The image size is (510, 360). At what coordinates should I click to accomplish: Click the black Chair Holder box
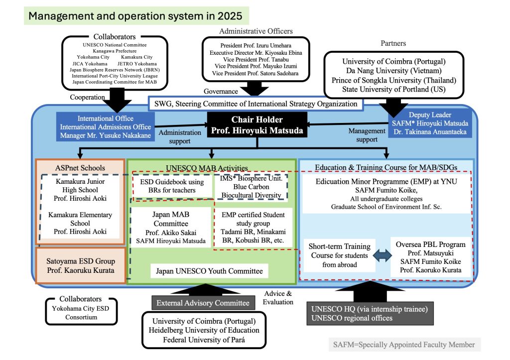coord(257,125)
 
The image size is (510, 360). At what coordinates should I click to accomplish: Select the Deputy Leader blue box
coord(430,123)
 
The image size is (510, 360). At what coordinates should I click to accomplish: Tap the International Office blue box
coord(105,126)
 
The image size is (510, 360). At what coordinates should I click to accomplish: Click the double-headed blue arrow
coord(382,255)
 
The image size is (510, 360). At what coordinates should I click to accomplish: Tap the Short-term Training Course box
coord(340,255)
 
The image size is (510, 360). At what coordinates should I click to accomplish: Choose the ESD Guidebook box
coord(172,186)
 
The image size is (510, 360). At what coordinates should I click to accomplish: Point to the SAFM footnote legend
coord(404,344)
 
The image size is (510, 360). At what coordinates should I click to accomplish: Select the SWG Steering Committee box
coord(256,104)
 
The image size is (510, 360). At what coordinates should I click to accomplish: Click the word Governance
coord(220,91)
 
